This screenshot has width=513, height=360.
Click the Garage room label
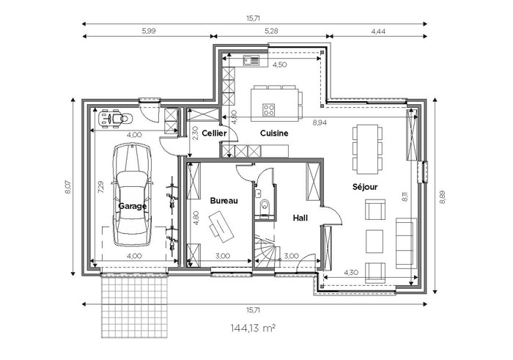coord(132,206)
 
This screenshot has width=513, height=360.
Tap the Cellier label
coord(214,133)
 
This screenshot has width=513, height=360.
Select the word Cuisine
coord(274,133)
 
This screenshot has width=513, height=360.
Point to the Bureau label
coord(224,201)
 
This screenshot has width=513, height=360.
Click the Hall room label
coord(300,218)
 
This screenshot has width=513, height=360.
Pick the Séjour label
coord(365,187)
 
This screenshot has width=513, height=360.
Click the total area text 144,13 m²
coord(253,328)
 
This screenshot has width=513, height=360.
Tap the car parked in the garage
coord(132,195)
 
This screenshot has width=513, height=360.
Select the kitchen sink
coord(251,60)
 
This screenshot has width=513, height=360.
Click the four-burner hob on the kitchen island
coord(269,109)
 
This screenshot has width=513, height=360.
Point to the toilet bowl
coord(264,206)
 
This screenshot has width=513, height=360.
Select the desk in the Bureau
coord(221,227)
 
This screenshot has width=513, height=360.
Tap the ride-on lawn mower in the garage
coord(115,118)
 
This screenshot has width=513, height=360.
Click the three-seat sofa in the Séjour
coord(406,243)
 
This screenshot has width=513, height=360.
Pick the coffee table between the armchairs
coord(374,241)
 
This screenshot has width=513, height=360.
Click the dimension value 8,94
coord(320,122)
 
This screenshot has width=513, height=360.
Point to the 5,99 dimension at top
coord(149,31)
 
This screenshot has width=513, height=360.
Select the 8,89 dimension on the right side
coord(443,196)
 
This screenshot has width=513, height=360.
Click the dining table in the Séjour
coord(367,150)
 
